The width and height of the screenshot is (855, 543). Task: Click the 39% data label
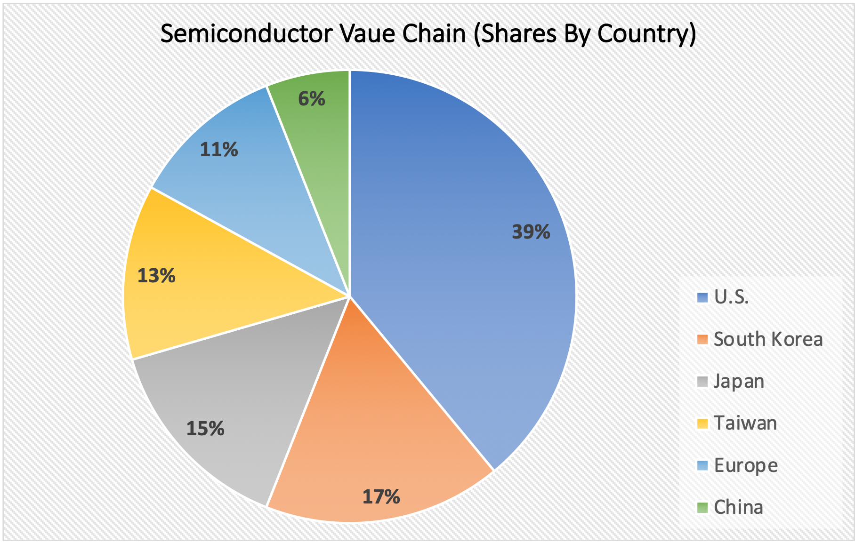pos(531,232)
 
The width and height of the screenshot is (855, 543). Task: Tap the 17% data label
pos(381,497)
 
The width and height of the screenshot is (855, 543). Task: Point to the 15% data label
pos(205,429)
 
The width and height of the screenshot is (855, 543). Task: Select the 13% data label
pos(156,276)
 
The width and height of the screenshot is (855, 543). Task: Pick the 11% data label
pos(219,150)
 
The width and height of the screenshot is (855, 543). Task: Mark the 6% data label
pos(312,99)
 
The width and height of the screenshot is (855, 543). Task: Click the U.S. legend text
pos(731,297)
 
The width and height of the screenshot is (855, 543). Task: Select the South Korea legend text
pos(768,339)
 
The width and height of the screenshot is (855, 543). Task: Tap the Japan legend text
pos(739,381)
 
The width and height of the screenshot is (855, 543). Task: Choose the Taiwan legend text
pos(745,423)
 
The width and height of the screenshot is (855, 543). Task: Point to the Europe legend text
pos(745,465)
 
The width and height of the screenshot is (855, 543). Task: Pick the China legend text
pos(738,507)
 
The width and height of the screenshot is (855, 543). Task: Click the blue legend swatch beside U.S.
pos(702,297)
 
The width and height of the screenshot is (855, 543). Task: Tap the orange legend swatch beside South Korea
pos(702,339)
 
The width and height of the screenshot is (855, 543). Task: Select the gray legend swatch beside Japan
pos(702,381)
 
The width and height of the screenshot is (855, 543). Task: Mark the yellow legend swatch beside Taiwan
pos(702,423)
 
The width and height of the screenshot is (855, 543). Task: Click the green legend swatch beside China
pos(702,508)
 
